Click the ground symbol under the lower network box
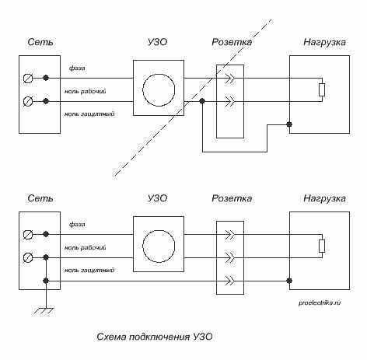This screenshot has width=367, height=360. pos(44,311)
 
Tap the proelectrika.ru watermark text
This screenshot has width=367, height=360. pos(320,302)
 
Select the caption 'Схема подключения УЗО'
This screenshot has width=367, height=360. pos(155,337)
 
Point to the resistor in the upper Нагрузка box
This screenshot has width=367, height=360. pos(322,89)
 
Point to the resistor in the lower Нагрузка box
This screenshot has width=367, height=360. pos(322,246)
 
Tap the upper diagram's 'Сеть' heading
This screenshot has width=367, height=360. pos(40,42)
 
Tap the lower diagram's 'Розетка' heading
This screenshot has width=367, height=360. pos(232,198)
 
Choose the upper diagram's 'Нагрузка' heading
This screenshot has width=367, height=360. pos(324,42)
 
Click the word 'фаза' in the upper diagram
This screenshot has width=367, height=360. pos(77,68)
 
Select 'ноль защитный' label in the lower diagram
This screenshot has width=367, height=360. pos(89,270)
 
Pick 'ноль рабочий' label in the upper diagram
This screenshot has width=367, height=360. pos(86,91)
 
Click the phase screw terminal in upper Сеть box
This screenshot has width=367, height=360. pos(28,78)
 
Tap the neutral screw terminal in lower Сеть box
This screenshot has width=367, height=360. pos(28,257)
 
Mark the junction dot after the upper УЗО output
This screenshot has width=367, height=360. pos(202,101)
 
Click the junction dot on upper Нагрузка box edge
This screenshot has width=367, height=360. pos(289,124)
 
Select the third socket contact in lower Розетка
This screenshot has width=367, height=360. pos(230,281)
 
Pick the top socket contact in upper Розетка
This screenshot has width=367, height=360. pos(230,78)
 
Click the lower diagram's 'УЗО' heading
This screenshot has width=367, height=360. pos(157,198)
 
